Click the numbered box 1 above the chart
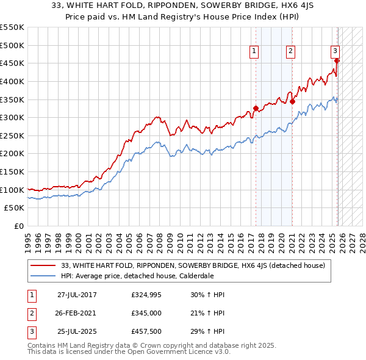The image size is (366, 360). click(x=253, y=51)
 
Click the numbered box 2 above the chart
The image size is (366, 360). click(x=290, y=51)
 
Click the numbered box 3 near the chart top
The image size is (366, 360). click(x=335, y=51)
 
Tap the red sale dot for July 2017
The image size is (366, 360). click(x=256, y=109)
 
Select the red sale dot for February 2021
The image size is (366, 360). click(x=293, y=102)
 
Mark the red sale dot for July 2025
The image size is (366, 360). click(x=337, y=60)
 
